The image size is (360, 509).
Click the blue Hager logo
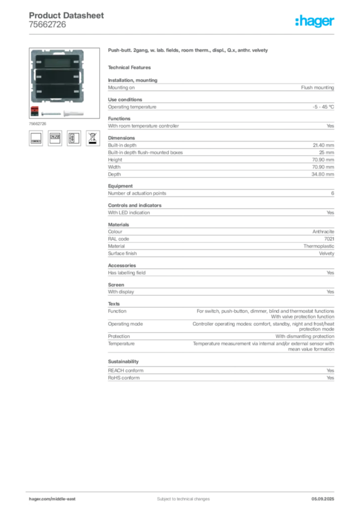pyautogui.click(x=316, y=22)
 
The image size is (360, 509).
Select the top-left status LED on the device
pyautogui.click(x=37, y=62)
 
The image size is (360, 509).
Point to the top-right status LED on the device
pyautogui.click(x=77, y=62)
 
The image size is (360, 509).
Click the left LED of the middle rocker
pyautogui.click(x=37, y=77)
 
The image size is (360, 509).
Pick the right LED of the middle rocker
pyautogui.click(x=77, y=77)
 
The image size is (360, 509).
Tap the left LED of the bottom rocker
pyautogui.click(x=37, y=92)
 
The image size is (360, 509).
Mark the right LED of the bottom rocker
pyautogui.click(x=77, y=92)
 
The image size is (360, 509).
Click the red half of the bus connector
pyautogui.click(x=34, y=109)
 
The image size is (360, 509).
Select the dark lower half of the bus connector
pyautogui.click(x=34, y=114)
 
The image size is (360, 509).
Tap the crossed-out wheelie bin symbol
pyautogui.click(x=92, y=138)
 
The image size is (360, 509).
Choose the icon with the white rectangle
pyautogui.click(x=74, y=138)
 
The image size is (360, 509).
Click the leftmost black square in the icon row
pyautogui.click(x=36, y=138)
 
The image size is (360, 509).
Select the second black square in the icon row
pyautogui.click(x=55, y=138)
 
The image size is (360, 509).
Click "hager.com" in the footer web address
pyautogui.click(x=41, y=499)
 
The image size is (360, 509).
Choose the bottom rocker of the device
pyautogui.click(x=57, y=92)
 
